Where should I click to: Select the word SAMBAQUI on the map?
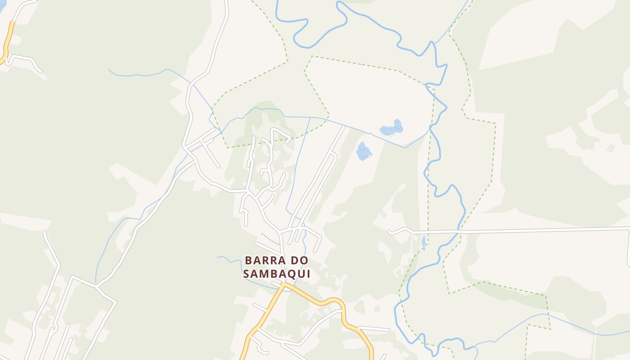point(277,274)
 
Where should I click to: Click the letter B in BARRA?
point(248,261)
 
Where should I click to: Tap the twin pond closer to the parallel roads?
point(363,151)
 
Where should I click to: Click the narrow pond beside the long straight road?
point(423,243)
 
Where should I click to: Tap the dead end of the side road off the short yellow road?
point(41,71)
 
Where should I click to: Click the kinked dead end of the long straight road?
point(390,232)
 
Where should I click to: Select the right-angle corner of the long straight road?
point(629,229)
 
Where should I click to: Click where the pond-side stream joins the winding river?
point(431,128)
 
